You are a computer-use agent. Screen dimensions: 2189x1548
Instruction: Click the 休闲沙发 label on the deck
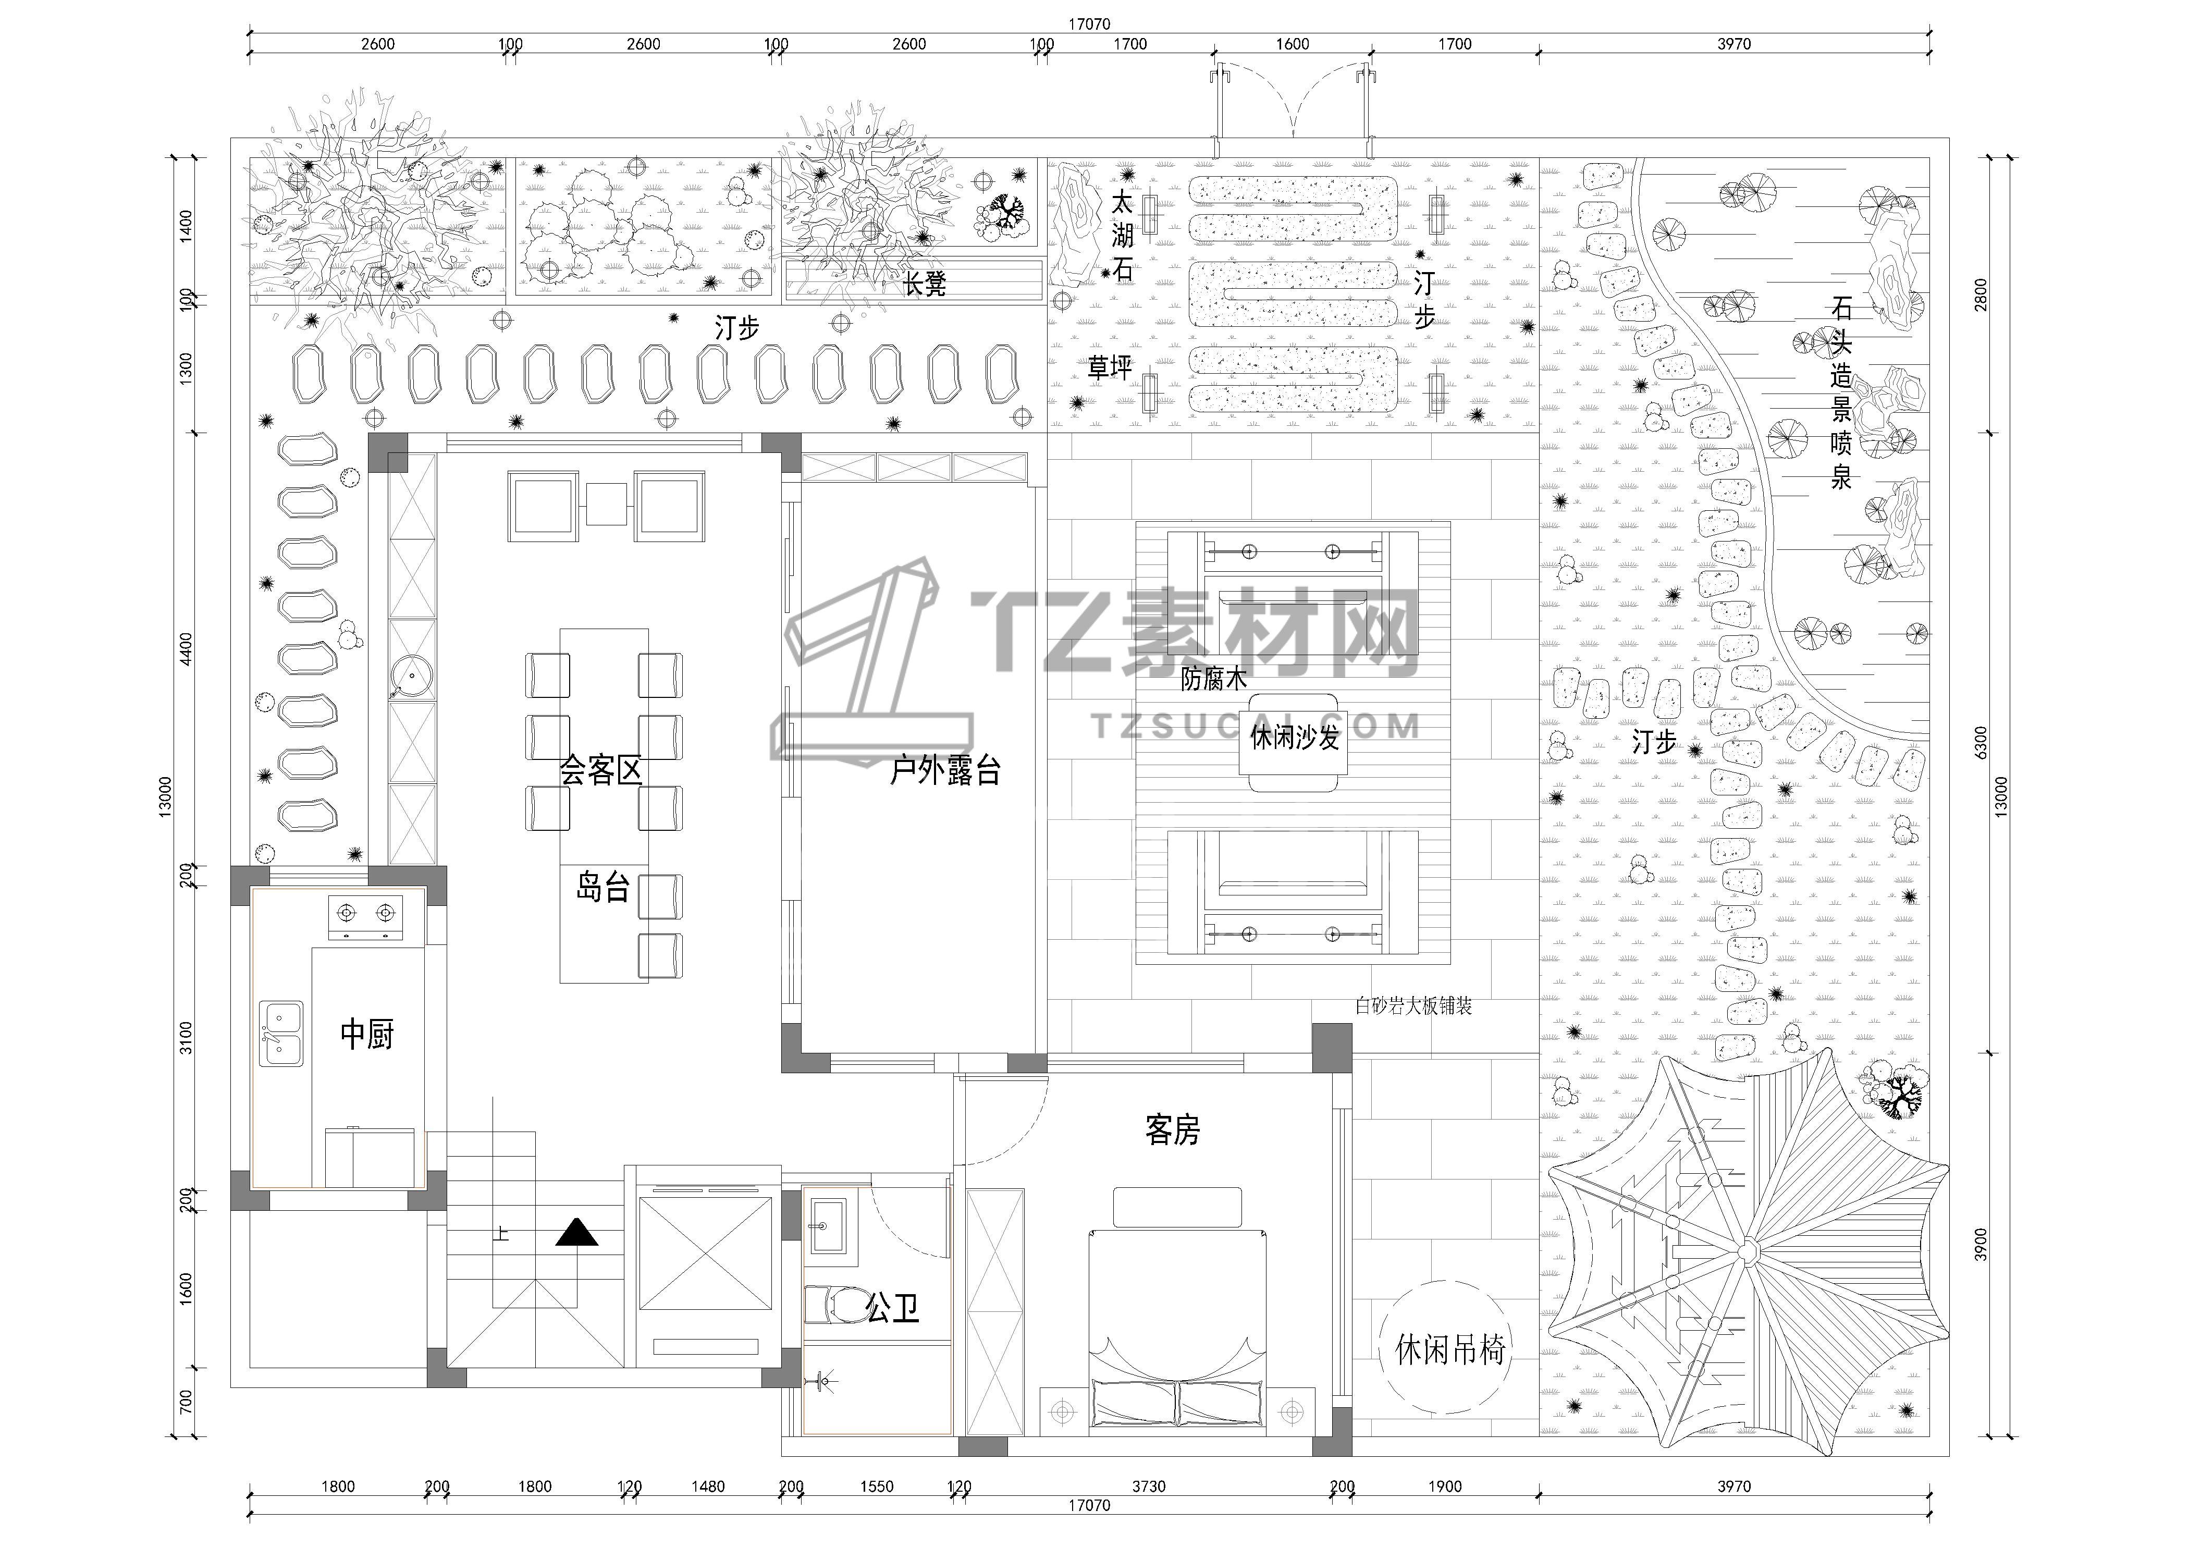(1295, 737)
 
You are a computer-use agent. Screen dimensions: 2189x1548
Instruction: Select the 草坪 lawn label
(1110, 368)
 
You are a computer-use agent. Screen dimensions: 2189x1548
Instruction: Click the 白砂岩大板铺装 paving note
(1414, 1005)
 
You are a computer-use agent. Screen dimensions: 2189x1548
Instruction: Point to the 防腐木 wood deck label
(1214, 679)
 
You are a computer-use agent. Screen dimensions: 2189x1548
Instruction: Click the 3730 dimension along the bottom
(1149, 1486)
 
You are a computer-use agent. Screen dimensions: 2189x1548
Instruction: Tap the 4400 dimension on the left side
(186, 649)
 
